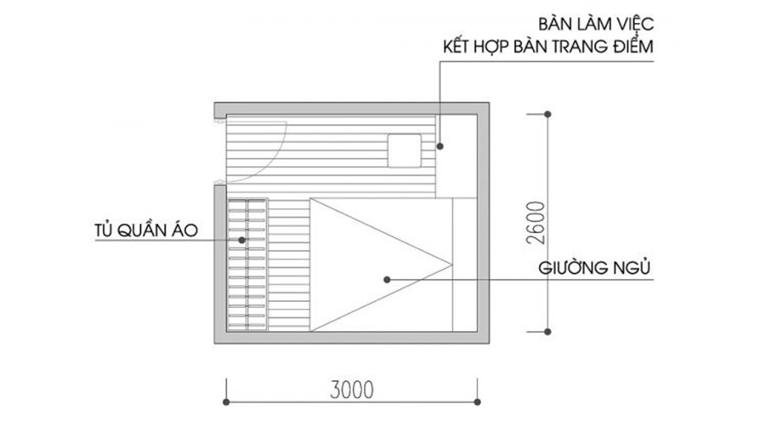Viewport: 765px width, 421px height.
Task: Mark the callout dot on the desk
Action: [440, 147]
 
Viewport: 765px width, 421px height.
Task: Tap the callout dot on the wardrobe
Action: [242, 240]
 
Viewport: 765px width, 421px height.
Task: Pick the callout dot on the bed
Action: [387, 278]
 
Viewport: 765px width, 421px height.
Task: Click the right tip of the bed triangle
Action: [450, 263]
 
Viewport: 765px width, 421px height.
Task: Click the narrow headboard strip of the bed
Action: [464, 264]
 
